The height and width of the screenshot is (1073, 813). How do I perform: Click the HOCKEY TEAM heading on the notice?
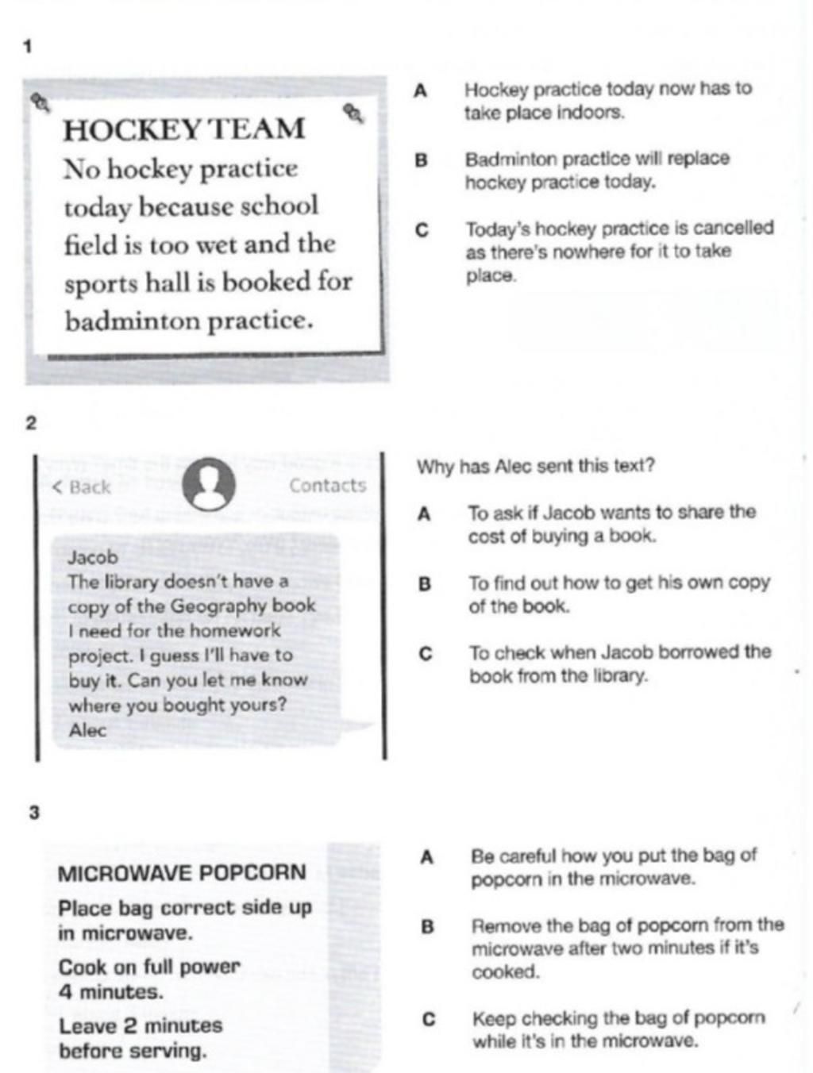[x=183, y=129]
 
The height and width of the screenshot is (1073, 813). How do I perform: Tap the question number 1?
[x=28, y=48]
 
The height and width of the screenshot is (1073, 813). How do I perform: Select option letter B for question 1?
[x=422, y=160]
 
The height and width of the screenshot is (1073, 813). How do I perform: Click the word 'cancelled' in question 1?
[x=734, y=229]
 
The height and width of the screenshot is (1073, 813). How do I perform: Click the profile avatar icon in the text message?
[x=208, y=485]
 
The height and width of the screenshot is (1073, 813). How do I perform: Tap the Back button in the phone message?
[x=82, y=487]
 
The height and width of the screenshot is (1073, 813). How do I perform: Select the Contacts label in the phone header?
[x=327, y=486]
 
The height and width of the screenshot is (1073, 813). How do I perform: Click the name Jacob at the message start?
[x=92, y=557]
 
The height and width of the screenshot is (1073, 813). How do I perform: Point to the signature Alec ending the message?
[x=87, y=730]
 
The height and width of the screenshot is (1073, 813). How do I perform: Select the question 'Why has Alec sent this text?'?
[x=536, y=466]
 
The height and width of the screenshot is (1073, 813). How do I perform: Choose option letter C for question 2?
[x=426, y=653]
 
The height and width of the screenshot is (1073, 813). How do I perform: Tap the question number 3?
[x=33, y=812]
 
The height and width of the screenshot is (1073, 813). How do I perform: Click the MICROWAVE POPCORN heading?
[x=182, y=873]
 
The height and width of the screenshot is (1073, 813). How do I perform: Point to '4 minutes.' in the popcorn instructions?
[x=110, y=992]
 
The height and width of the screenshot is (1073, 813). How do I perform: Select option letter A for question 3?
[x=427, y=857]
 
